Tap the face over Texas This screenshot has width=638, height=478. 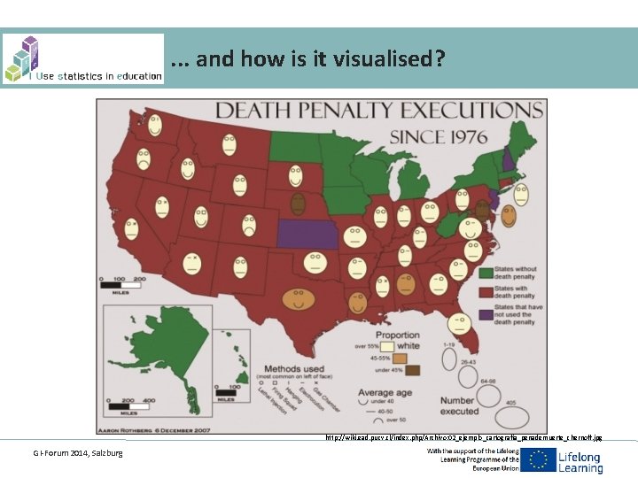[x=300, y=298]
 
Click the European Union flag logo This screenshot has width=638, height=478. [x=538, y=460]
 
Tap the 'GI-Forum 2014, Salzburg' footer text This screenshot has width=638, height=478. [x=78, y=453]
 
